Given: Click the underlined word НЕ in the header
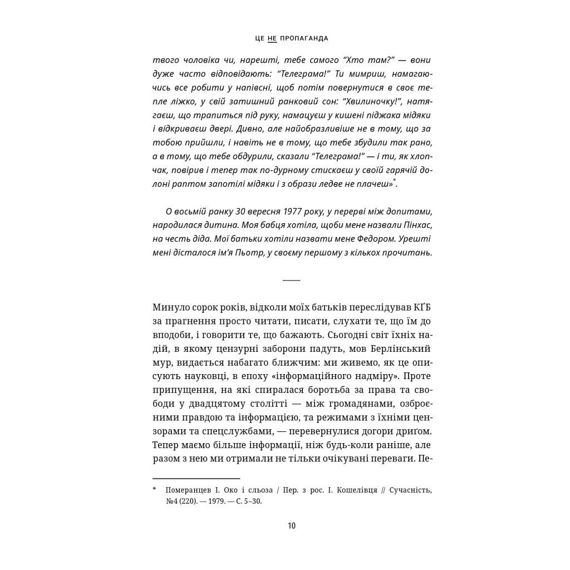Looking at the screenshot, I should [272, 39].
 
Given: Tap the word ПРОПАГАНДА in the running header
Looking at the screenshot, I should [303, 39].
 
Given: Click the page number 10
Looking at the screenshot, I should [292, 526].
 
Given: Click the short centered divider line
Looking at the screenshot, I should [292, 279].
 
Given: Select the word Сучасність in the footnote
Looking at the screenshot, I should [410, 490].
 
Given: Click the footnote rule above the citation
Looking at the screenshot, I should [196, 478].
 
